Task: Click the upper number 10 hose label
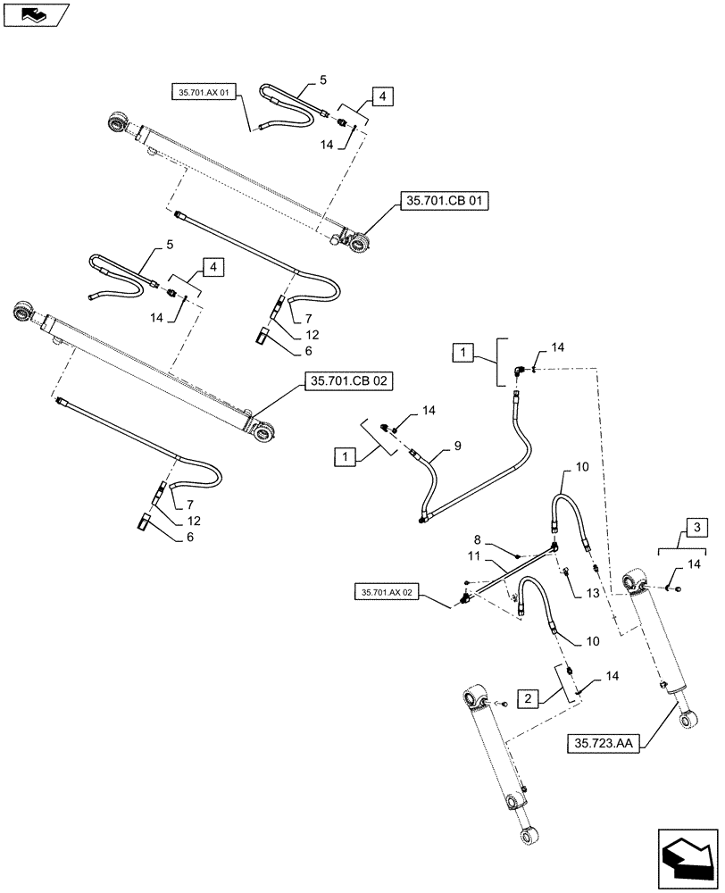coord(581,468)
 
